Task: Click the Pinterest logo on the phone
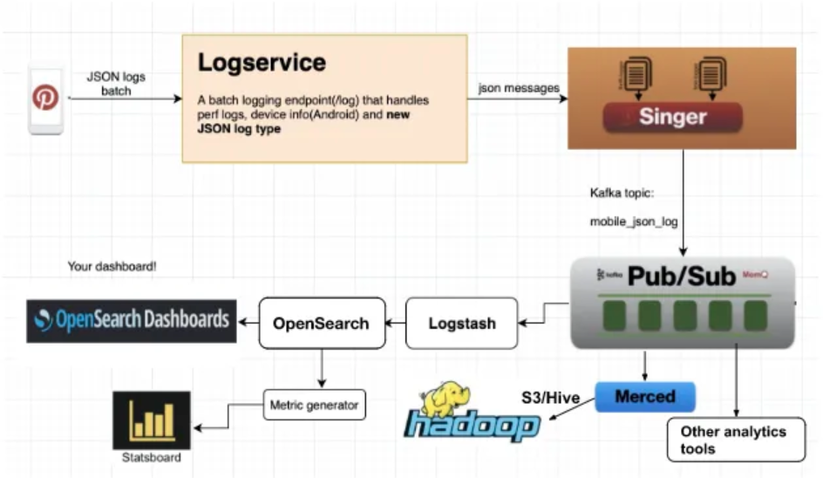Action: click(x=45, y=98)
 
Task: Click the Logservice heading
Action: click(x=262, y=63)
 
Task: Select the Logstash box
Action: click(x=462, y=323)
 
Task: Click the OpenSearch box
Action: click(x=320, y=323)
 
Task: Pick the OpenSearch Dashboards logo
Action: click(x=131, y=319)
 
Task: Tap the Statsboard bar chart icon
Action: click(x=152, y=420)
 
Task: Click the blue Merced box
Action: click(x=645, y=396)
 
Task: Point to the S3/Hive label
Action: click(x=550, y=398)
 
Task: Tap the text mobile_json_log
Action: click(x=634, y=222)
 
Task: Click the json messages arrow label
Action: click(x=519, y=87)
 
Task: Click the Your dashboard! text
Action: click(x=112, y=265)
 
